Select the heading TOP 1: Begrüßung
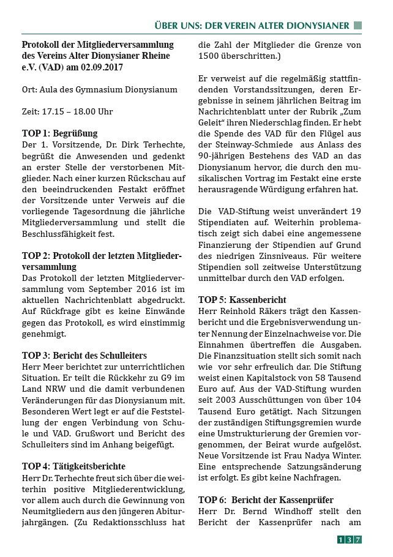click(59, 133)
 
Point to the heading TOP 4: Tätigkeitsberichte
click(73, 466)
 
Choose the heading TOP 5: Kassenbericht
click(242, 300)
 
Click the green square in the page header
click(358, 25)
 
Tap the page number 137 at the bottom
click(350, 539)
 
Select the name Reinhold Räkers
click(253, 312)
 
